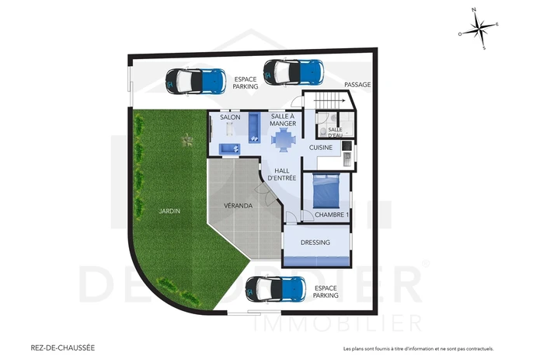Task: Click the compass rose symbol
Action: pyautogui.click(x=479, y=29)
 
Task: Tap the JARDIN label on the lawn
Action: pyautogui.click(x=169, y=211)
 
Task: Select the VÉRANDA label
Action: pyautogui.click(x=238, y=206)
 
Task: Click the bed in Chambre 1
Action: pyautogui.click(x=326, y=190)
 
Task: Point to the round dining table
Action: pyautogui.click(x=284, y=139)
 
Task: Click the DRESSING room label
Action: pyautogui.click(x=315, y=242)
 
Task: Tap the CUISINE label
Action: pyautogui.click(x=321, y=148)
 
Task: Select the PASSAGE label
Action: pyautogui.click(x=357, y=85)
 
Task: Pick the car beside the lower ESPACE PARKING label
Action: pyautogui.click(x=276, y=289)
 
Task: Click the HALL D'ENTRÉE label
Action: pyautogui.click(x=282, y=174)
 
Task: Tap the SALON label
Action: pyautogui.click(x=230, y=117)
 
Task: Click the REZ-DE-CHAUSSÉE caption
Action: pyautogui.click(x=63, y=348)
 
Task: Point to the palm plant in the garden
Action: pyautogui.click(x=187, y=140)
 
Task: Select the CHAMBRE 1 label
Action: pyautogui.click(x=332, y=215)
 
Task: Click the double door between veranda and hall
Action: pyautogui.click(x=266, y=194)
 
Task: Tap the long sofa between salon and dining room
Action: pyautogui.click(x=255, y=128)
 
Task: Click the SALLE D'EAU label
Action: pyautogui.click(x=335, y=133)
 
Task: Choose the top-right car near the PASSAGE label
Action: pyautogui.click(x=294, y=72)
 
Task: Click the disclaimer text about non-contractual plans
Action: pyautogui.click(x=419, y=348)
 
